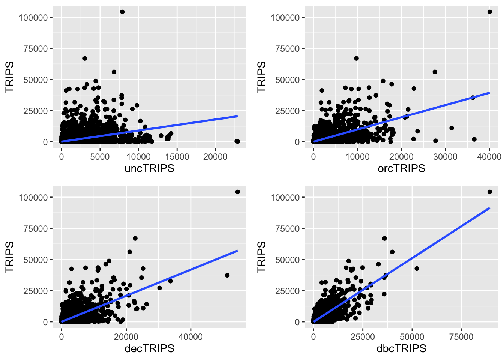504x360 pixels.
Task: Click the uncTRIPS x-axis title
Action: click(149, 168)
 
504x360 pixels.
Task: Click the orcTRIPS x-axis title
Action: click(401, 168)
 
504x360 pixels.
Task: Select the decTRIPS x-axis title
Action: click(149, 348)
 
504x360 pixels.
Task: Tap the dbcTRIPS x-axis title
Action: click(401, 348)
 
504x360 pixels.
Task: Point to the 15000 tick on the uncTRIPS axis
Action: click(177, 157)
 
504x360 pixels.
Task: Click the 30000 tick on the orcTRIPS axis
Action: click(445, 157)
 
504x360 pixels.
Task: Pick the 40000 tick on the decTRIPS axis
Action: click(190, 337)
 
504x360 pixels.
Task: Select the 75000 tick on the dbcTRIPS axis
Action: click(461, 337)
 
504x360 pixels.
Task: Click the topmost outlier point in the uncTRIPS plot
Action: click(122, 12)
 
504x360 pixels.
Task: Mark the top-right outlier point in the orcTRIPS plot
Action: click(489, 12)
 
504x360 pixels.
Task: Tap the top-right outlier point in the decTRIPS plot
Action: click(237, 192)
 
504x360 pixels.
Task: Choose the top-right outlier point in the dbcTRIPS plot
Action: click(489, 192)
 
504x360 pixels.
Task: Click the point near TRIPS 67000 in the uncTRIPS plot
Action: click(85, 58)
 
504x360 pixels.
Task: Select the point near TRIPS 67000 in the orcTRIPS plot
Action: click(356, 58)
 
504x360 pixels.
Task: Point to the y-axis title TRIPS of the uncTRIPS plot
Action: click(9, 77)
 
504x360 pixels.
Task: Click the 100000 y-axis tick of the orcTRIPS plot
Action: click(285, 18)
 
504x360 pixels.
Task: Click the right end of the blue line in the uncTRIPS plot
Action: click(237, 116)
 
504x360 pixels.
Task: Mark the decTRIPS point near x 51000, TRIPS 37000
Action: click(227, 275)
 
